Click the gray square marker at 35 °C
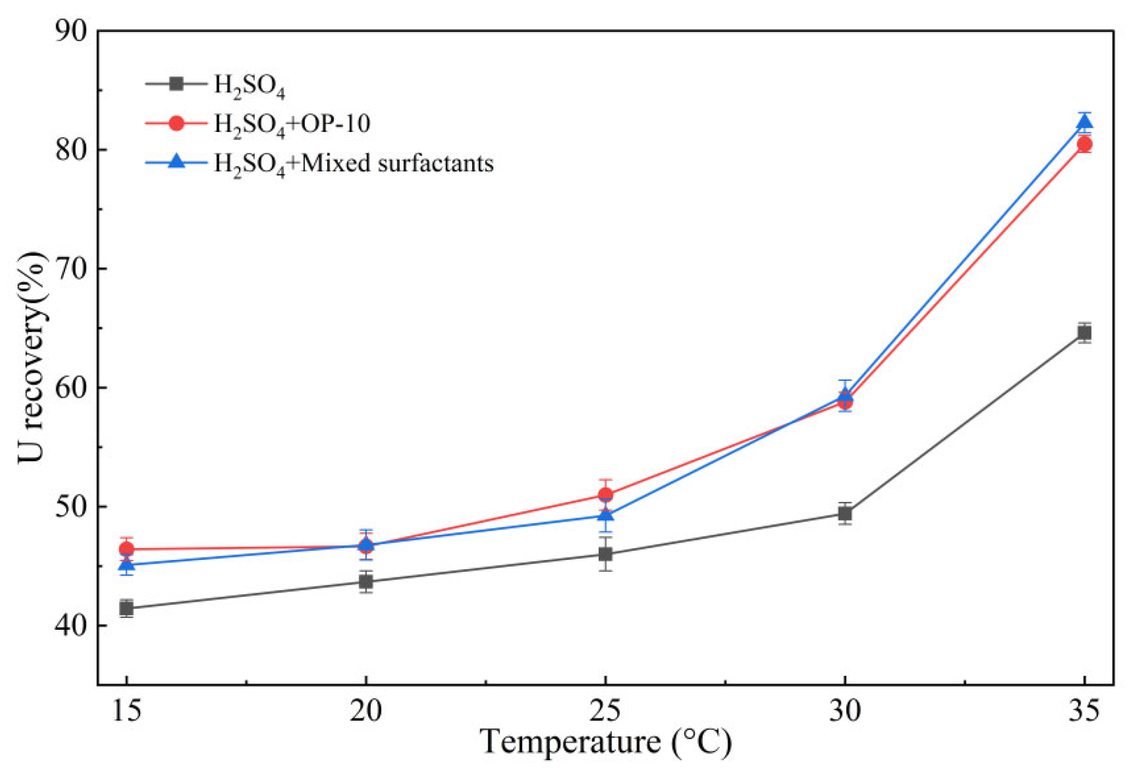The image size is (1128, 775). pyautogui.click(x=1084, y=333)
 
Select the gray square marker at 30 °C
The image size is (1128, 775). pyautogui.click(x=845, y=513)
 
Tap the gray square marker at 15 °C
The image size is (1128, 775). pyautogui.click(x=126, y=608)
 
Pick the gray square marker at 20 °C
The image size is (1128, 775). pyautogui.click(x=366, y=582)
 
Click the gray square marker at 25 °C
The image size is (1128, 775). pyautogui.click(x=605, y=554)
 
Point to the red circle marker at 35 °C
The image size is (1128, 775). pyautogui.click(x=1084, y=145)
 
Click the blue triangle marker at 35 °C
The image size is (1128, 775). pyautogui.click(x=1084, y=122)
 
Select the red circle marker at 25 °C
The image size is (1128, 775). pyautogui.click(x=605, y=495)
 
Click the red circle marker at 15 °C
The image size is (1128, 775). pyautogui.click(x=126, y=549)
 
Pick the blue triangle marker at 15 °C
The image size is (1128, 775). pyautogui.click(x=126, y=565)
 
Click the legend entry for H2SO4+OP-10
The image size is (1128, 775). pyautogui.click(x=258, y=124)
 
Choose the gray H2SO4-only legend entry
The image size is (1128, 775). pyautogui.click(x=215, y=85)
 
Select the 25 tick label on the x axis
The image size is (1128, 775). pyautogui.click(x=605, y=711)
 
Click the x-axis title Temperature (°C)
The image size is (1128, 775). pyautogui.click(x=606, y=742)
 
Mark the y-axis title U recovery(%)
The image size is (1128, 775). pyautogui.click(x=32, y=358)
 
